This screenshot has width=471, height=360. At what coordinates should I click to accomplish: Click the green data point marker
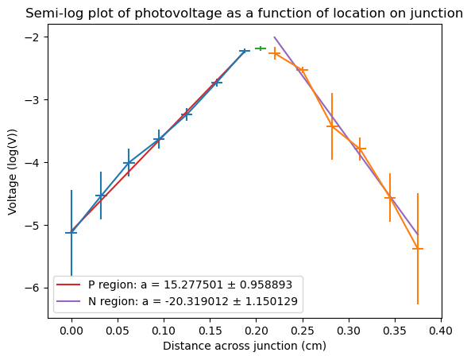click(261, 48)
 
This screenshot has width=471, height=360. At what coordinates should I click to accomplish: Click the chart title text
click(244, 14)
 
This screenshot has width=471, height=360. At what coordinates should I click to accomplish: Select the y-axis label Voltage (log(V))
click(13, 172)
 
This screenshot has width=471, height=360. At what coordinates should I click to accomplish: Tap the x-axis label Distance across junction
click(245, 346)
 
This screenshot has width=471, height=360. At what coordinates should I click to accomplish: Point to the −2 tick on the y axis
click(46, 37)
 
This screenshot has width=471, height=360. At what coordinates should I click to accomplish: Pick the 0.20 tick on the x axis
click(257, 320)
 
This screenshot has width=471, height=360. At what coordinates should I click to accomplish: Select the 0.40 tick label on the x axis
click(441, 331)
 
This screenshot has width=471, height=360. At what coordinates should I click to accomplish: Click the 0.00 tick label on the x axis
click(71, 331)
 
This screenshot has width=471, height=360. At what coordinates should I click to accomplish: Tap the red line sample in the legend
click(68, 285)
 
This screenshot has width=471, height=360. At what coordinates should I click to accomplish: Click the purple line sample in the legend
click(68, 301)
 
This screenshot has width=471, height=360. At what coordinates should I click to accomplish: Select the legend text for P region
click(190, 285)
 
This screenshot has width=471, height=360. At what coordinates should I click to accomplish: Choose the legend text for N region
click(193, 301)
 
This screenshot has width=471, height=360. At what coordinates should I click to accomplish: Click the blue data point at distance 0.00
click(71, 233)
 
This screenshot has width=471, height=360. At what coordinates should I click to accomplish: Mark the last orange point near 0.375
click(418, 249)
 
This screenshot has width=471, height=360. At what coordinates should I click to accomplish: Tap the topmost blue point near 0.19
click(244, 52)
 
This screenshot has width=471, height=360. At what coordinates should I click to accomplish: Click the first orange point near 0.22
click(275, 53)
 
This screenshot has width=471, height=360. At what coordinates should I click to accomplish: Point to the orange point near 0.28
click(332, 126)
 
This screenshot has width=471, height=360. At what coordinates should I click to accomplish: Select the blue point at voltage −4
click(129, 163)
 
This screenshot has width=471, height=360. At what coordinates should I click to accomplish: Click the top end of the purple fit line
click(274, 37)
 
